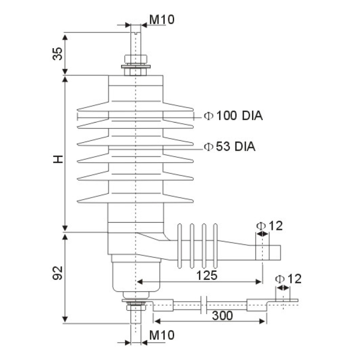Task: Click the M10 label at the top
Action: click(x=161, y=19)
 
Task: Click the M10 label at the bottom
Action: click(x=161, y=335)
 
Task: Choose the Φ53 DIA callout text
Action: click(x=229, y=146)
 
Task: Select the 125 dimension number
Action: click(x=207, y=275)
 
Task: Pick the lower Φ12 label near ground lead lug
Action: click(x=288, y=279)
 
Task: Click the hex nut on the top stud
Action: click(x=135, y=59)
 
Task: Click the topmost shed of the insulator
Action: click(x=135, y=108)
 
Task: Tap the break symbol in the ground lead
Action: click(x=203, y=305)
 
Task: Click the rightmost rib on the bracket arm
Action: click(x=216, y=245)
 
